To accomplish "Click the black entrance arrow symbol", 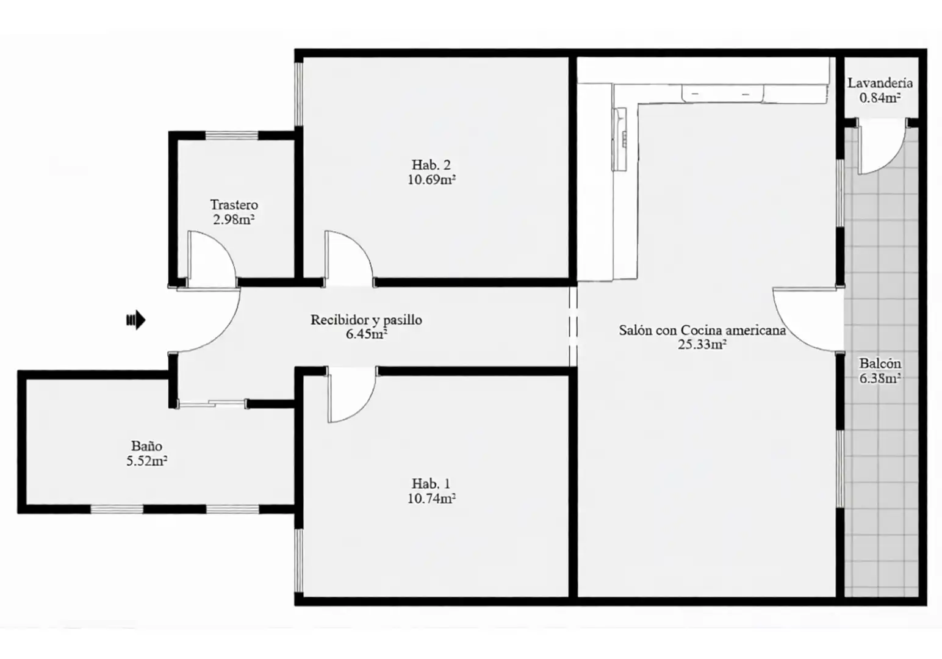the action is click(136, 320).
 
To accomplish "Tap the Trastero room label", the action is click(234, 205).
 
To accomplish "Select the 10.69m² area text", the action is click(432, 179).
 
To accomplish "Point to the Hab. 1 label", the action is click(431, 483).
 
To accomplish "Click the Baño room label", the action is click(147, 445).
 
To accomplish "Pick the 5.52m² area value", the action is click(147, 461).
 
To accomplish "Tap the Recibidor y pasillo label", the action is click(366, 320).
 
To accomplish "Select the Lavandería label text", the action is click(880, 83).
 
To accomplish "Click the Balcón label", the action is click(880, 363).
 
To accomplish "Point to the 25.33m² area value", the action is click(702, 344).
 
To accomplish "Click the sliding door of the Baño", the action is click(212, 404).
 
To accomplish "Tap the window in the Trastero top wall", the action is click(231, 135).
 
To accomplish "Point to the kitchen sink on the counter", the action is click(620, 139).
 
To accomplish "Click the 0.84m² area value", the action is click(880, 98).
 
